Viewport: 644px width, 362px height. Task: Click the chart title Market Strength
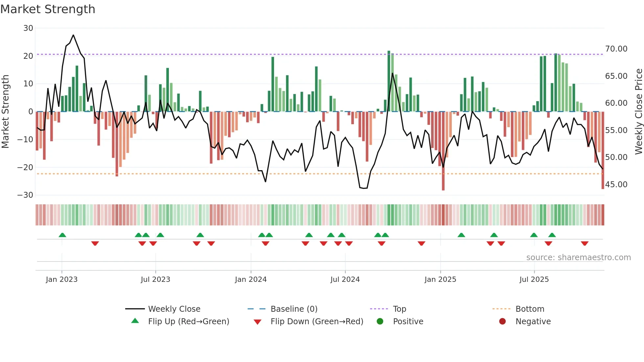pyautogui.click(x=48, y=9)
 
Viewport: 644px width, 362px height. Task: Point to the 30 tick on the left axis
pyautogui.click(x=28, y=28)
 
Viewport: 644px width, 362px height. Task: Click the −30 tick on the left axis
pyautogui.click(x=25, y=195)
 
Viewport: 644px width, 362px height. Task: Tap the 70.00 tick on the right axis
pyautogui.click(x=616, y=49)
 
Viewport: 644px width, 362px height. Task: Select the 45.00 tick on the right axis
pyautogui.click(x=616, y=185)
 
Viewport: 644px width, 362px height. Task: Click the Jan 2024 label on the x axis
pyautogui.click(x=251, y=280)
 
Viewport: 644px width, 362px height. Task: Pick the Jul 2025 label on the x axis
pyautogui.click(x=534, y=280)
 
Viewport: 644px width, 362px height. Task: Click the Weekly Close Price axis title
pyautogui.click(x=638, y=111)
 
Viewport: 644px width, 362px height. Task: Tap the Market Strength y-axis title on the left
pyautogui.click(x=5, y=111)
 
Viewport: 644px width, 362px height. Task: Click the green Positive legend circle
pyautogui.click(x=380, y=321)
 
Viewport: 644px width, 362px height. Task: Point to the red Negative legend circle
pyautogui.click(x=502, y=321)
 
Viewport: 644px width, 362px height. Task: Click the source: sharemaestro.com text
pyautogui.click(x=578, y=258)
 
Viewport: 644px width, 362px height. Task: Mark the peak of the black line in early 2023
pyautogui.click(x=73, y=35)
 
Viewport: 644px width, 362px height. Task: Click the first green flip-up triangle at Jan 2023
pyautogui.click(x=62, y=235)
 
